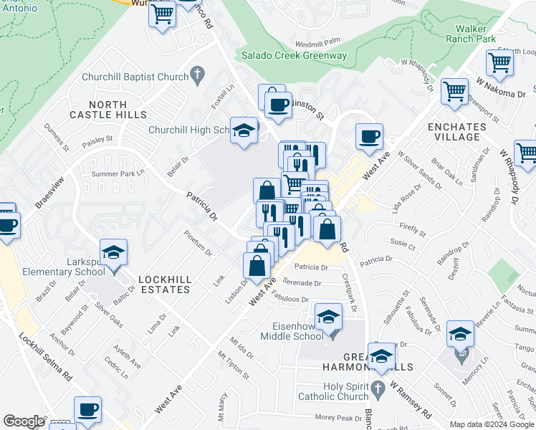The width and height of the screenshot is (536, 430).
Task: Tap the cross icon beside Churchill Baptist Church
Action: [198, 76]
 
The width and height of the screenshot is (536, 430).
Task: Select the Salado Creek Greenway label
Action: [294, 55]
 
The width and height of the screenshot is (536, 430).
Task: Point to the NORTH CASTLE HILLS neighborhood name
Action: [108, 109]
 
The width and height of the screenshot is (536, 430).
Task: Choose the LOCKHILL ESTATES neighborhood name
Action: [154, 285]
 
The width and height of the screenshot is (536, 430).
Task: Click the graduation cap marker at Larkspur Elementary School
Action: [113, 252]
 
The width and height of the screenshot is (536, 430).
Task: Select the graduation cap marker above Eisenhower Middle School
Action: [328, 316]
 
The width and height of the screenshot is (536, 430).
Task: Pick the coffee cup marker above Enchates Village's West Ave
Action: [369, 136]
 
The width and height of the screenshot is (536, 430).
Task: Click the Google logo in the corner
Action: [24, 421]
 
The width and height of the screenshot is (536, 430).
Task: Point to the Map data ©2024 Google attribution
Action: [492, 424]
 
